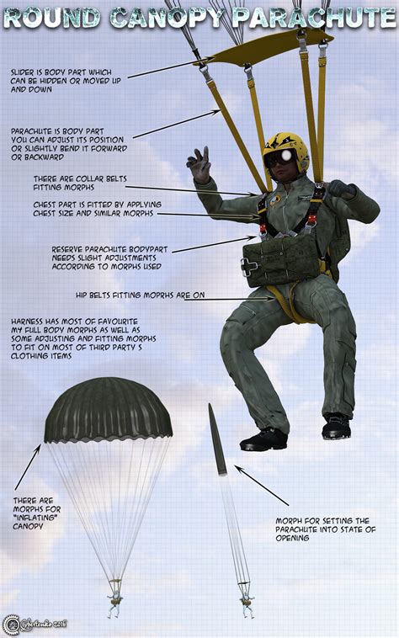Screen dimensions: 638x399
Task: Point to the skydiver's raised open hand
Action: point(199,164)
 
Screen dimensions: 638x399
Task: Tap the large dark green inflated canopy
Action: point(108,411)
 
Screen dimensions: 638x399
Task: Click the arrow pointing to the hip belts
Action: point(227,297)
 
